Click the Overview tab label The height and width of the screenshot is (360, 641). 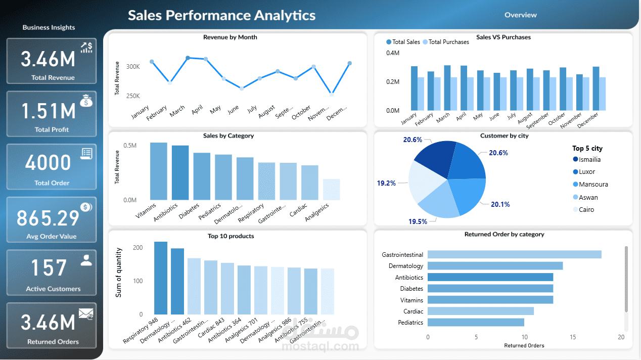point(520,15)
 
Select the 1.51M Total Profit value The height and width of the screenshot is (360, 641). point(49,111)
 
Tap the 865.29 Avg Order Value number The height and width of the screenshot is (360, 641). point(48,218)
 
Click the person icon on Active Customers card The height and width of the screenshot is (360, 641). point(86,260)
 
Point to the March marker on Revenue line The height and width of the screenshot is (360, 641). point(188,58)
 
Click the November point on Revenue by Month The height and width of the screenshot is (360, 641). point(331,94)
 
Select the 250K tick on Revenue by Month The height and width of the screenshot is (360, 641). point(133,96)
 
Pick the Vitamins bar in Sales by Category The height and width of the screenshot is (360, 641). point(159,171)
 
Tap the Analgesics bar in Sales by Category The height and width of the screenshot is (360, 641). point(332,190)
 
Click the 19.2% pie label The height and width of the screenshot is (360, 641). point(386,183)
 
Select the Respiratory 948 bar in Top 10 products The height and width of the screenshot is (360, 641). point(161,278)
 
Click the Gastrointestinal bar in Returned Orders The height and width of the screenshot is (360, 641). point(514,254)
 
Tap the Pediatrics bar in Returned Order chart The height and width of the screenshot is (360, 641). point(476,322)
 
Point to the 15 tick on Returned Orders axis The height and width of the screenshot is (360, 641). point(573,337)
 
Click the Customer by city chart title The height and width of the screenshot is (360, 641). point(503,136)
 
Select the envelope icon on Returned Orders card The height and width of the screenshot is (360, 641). point(85,314)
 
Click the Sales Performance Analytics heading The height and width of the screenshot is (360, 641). point(221,15)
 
